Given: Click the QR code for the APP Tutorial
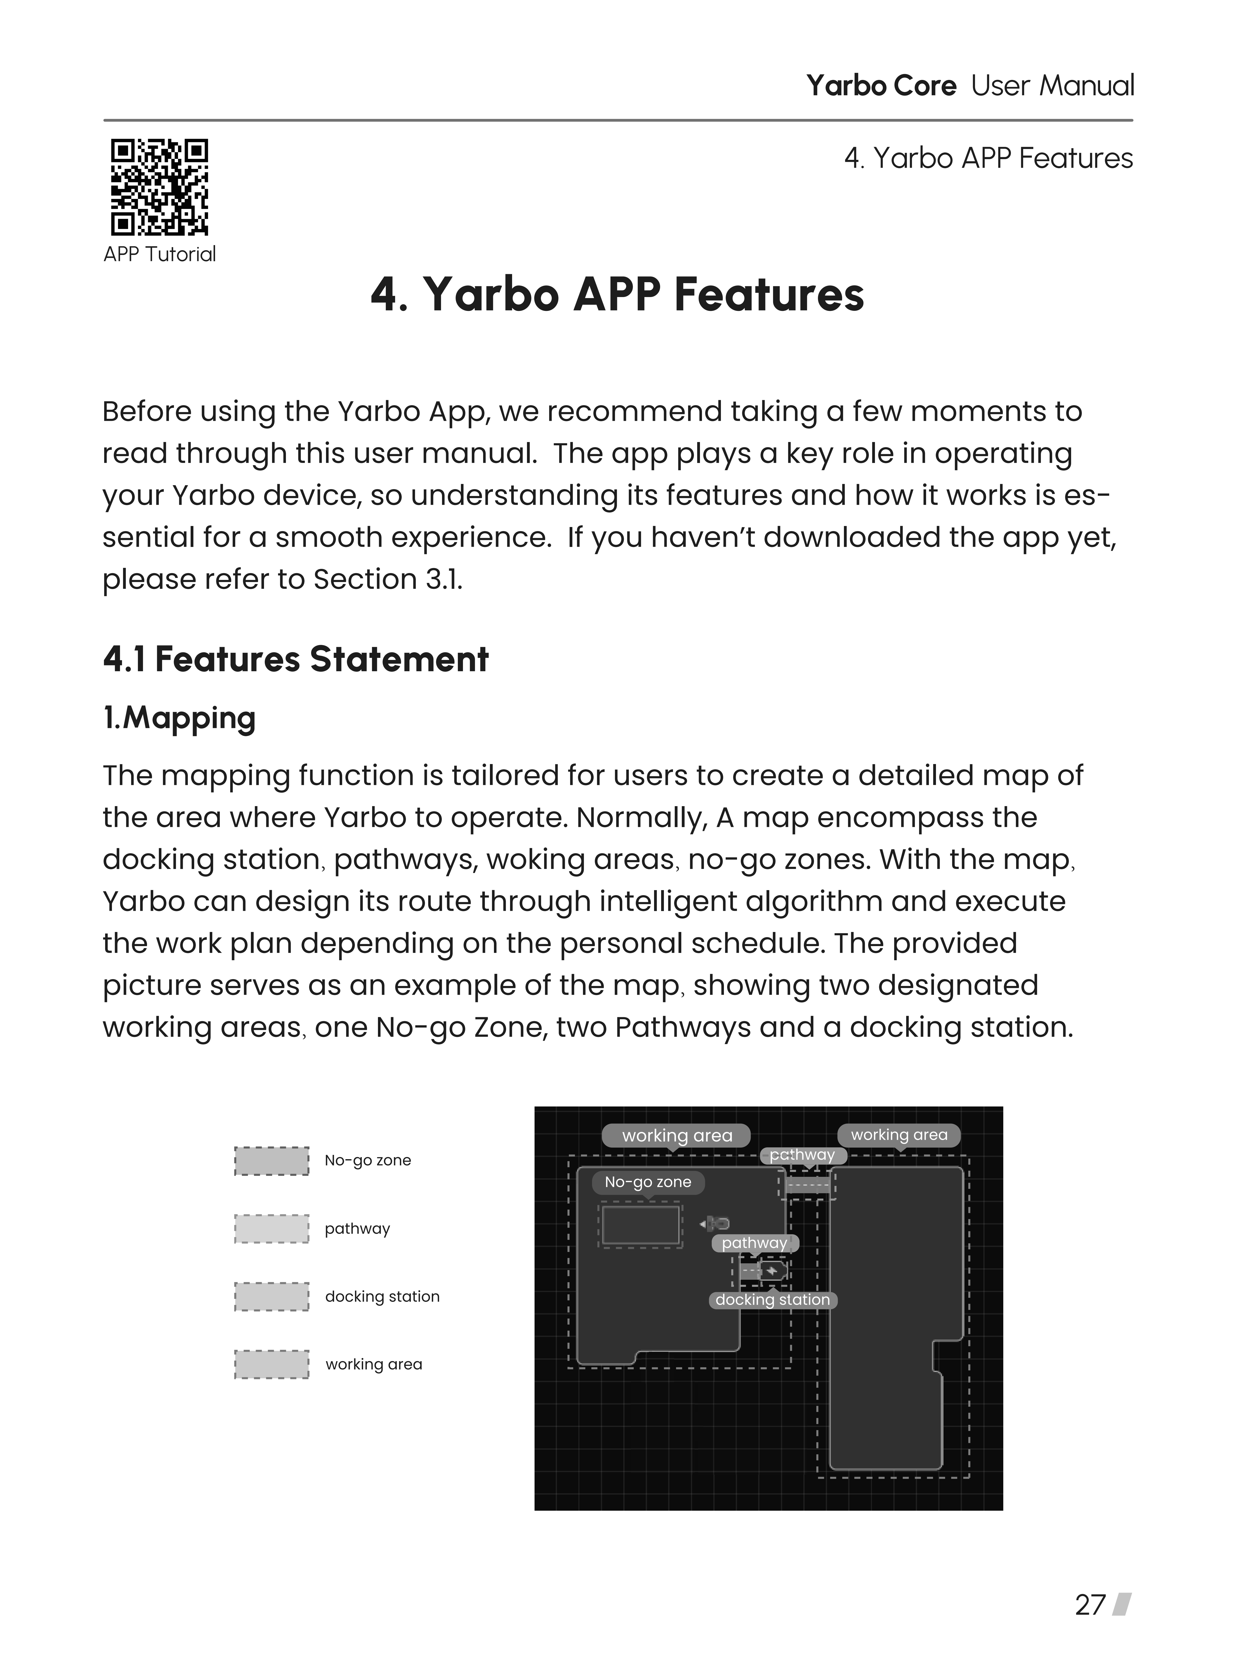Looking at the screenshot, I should pos(159,187).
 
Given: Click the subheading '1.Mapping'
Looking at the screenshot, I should pos(180,718).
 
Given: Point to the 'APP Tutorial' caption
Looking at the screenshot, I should pos(159,254).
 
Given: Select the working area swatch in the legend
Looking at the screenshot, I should pos(271,1364).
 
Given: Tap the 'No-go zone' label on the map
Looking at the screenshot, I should pos(648,1182).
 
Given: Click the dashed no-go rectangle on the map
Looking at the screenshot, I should pos(641,1224).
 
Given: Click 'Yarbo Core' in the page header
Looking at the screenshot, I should pos(881,86).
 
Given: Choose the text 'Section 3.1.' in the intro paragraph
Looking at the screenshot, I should pos(387,579).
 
